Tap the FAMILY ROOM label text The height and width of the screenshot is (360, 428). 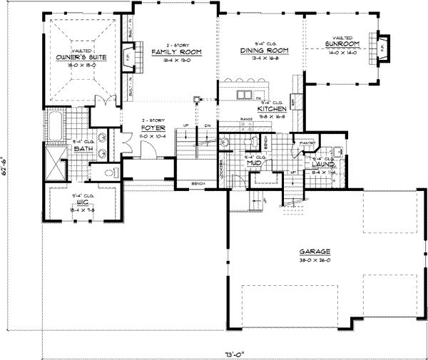coord(175,53)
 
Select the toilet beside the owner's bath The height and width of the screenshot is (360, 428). coord(109,171)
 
